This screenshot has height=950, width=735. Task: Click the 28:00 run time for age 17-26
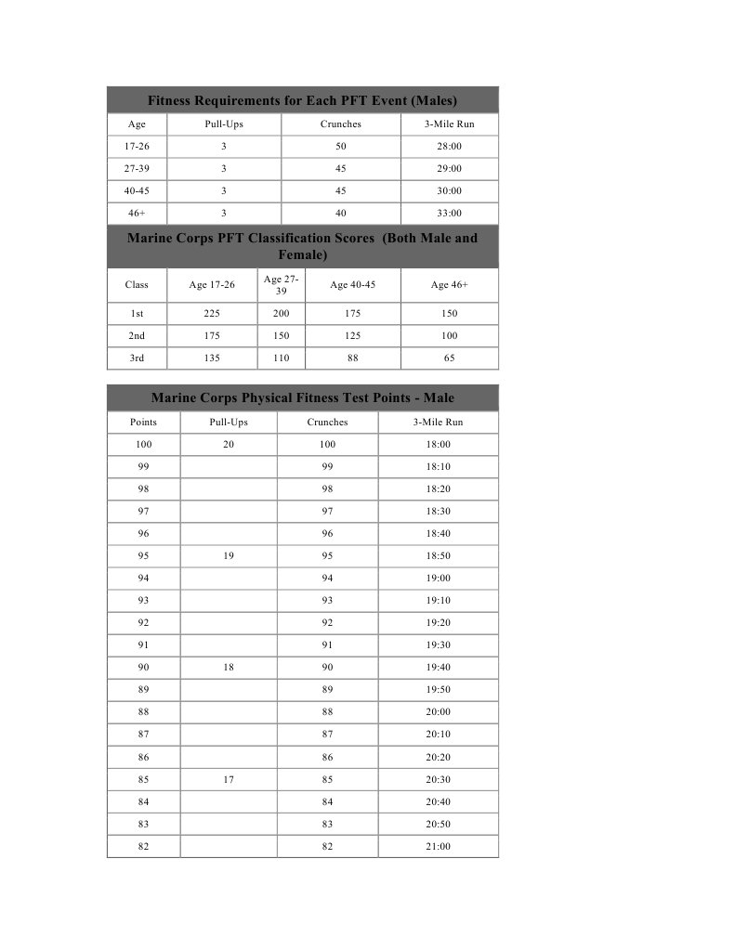coord(449,147)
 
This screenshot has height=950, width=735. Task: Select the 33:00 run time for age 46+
coord(449,214)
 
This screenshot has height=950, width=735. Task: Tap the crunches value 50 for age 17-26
coord(340,147)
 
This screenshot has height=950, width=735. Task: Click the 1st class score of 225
coord(211,314)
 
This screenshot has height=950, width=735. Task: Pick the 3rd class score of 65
coord(449,358)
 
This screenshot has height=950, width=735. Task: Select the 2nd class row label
coord(137,336)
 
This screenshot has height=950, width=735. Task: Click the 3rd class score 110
coord(281,358)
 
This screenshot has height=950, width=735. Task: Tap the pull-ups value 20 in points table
coord(228,445)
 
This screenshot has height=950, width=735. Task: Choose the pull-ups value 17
coord(228,780)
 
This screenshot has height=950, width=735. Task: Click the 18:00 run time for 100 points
coord(438,445)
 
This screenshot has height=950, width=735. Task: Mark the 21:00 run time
coord(438,847)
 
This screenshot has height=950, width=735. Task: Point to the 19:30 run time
coord(438,645)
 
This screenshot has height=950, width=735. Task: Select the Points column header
coord(143,423)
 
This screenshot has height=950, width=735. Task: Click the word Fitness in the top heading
coord(174,100)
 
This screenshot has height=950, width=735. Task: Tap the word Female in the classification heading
coord(302,254)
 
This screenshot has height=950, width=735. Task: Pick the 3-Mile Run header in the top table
coord(449,124)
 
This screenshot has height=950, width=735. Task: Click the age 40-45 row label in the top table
coord(137,191)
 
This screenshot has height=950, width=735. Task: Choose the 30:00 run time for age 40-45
coord(449,191)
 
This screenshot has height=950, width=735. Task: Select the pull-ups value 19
coord(228,556)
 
